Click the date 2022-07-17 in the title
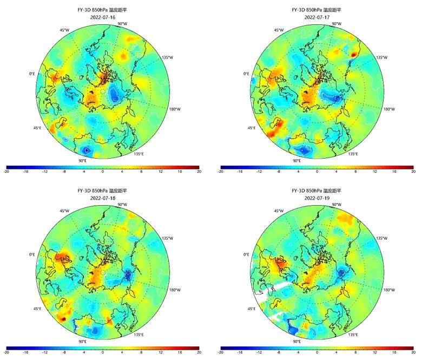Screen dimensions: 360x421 (317, 17)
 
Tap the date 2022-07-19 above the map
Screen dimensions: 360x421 (317, 198)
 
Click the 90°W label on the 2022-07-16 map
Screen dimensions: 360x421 (122, 24)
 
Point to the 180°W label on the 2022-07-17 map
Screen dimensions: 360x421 (389, 109)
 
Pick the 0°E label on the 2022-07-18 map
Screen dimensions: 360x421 (31, 254)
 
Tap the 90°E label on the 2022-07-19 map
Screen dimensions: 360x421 (297, 342)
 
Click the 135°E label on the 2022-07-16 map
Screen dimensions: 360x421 (139, 154)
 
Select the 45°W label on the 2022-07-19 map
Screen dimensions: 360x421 (279, 211)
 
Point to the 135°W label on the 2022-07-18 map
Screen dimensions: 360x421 (168, 238)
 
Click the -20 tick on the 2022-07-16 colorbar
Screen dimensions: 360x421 (7, 172)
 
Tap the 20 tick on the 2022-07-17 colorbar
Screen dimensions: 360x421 (413, 172)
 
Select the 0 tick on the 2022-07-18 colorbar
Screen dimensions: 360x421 (102, 353)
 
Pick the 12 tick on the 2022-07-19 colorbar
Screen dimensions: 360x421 (374, 353)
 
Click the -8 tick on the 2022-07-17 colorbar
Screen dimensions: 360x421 (279, 172)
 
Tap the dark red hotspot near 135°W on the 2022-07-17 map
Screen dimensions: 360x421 (355, 54)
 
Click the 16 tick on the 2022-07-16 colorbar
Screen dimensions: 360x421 (180, 172)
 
